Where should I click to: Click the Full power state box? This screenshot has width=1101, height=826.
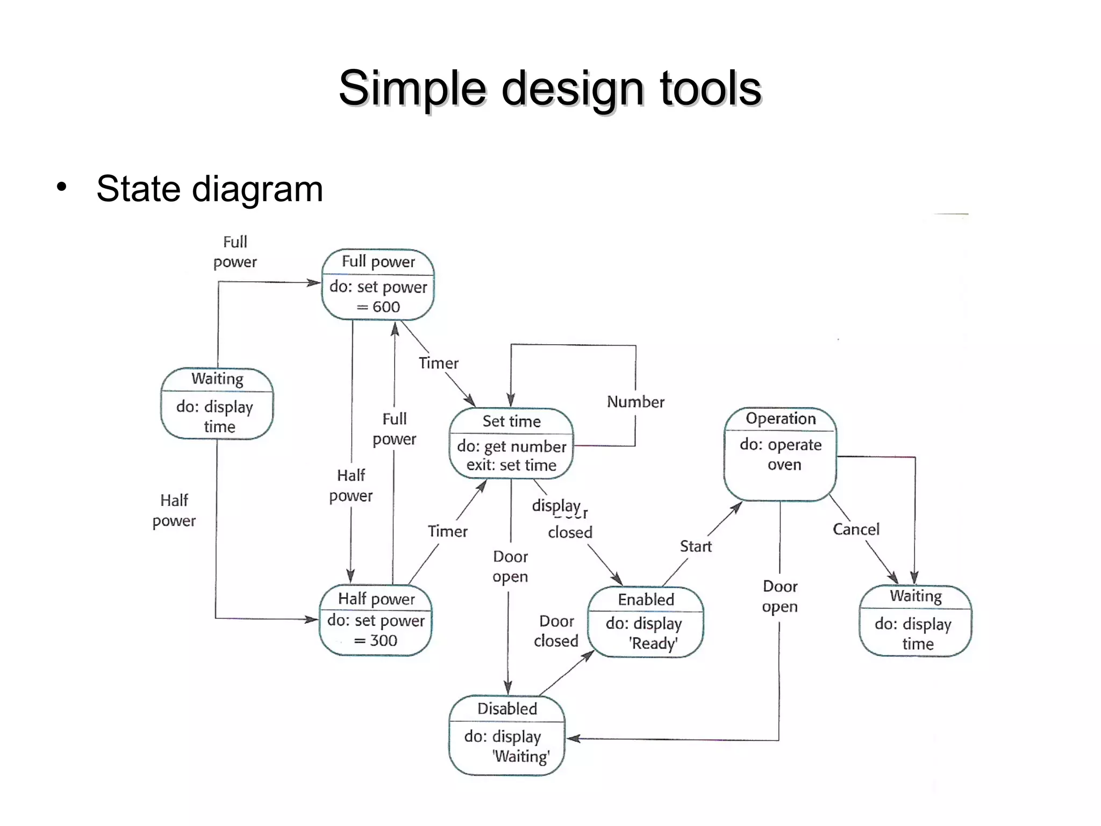click(x=378, y=284)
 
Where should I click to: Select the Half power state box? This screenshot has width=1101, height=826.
click(x=376, y=619)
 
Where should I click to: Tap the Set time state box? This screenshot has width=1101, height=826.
click(x=511, y=443)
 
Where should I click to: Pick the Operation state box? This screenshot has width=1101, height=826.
click(x=780, y=454)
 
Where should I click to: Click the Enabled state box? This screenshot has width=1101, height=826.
click(x=645, y=622)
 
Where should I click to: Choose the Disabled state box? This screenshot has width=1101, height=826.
click(x=507, y=735)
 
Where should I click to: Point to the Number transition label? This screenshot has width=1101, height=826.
click(x=635, y=402)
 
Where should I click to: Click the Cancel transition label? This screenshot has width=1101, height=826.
click(x=856, y=529)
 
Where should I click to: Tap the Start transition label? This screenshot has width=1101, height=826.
click(x=696, y=546)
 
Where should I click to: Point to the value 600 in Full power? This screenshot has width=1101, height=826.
click(x=386, y=307)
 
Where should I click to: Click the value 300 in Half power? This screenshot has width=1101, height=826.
click(x=383, y=640)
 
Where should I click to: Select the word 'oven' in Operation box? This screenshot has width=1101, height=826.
click(x=784, y=465)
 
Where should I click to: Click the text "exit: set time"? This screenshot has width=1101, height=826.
click(x=511, y=465)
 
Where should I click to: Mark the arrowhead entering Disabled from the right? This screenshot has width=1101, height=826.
click(x=572, y=739)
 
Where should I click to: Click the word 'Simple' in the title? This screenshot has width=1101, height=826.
click(x=411, y=88)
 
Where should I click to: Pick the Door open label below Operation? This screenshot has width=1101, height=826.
click(x=780, y=596)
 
